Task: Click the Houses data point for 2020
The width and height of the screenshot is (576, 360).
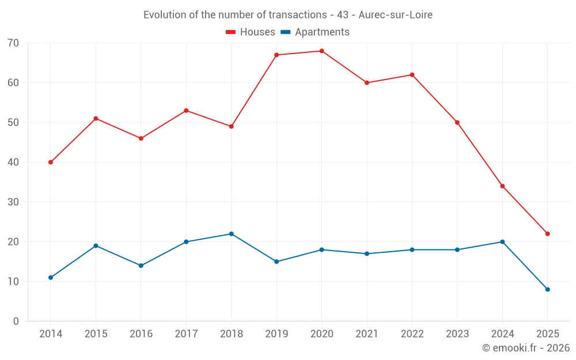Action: click(x=321, y=51)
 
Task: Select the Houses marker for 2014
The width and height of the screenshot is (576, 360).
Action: click(x=51, y=162)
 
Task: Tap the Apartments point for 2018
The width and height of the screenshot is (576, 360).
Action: click(x=231, y=234)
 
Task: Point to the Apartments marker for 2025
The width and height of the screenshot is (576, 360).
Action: click(x=547, y=289)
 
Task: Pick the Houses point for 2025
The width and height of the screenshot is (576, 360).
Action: click(x=547, y=234)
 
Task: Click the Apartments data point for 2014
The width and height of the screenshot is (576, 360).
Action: click(x=51, y=278)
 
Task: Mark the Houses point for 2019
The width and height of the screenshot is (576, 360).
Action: click(x=276, y=55)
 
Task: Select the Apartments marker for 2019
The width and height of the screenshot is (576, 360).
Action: click(x=276, y=262)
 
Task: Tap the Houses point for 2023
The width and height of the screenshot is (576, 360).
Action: click(x=457, y=123)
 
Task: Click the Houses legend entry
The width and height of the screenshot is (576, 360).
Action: click(x=251, y=32)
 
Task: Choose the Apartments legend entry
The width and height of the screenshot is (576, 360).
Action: click(x=315, y=32)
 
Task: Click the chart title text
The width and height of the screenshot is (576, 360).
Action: click(x=288, y=15)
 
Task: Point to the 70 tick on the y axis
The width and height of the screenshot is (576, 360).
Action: click(x=13, y=43)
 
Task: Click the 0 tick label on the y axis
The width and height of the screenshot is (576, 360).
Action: click(x=16, y=321)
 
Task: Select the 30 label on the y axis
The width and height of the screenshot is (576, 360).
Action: click(x=13, y=202)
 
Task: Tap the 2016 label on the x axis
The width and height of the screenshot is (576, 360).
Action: click(x=141, y=334)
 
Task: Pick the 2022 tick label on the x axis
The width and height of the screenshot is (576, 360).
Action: click(x=412, y=334)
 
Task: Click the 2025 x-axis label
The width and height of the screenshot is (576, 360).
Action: click(x=547, y=334)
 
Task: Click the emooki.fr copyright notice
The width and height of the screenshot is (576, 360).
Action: click(x=525, y=348)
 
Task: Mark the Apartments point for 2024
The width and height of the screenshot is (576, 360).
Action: click(x=502, y=242)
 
